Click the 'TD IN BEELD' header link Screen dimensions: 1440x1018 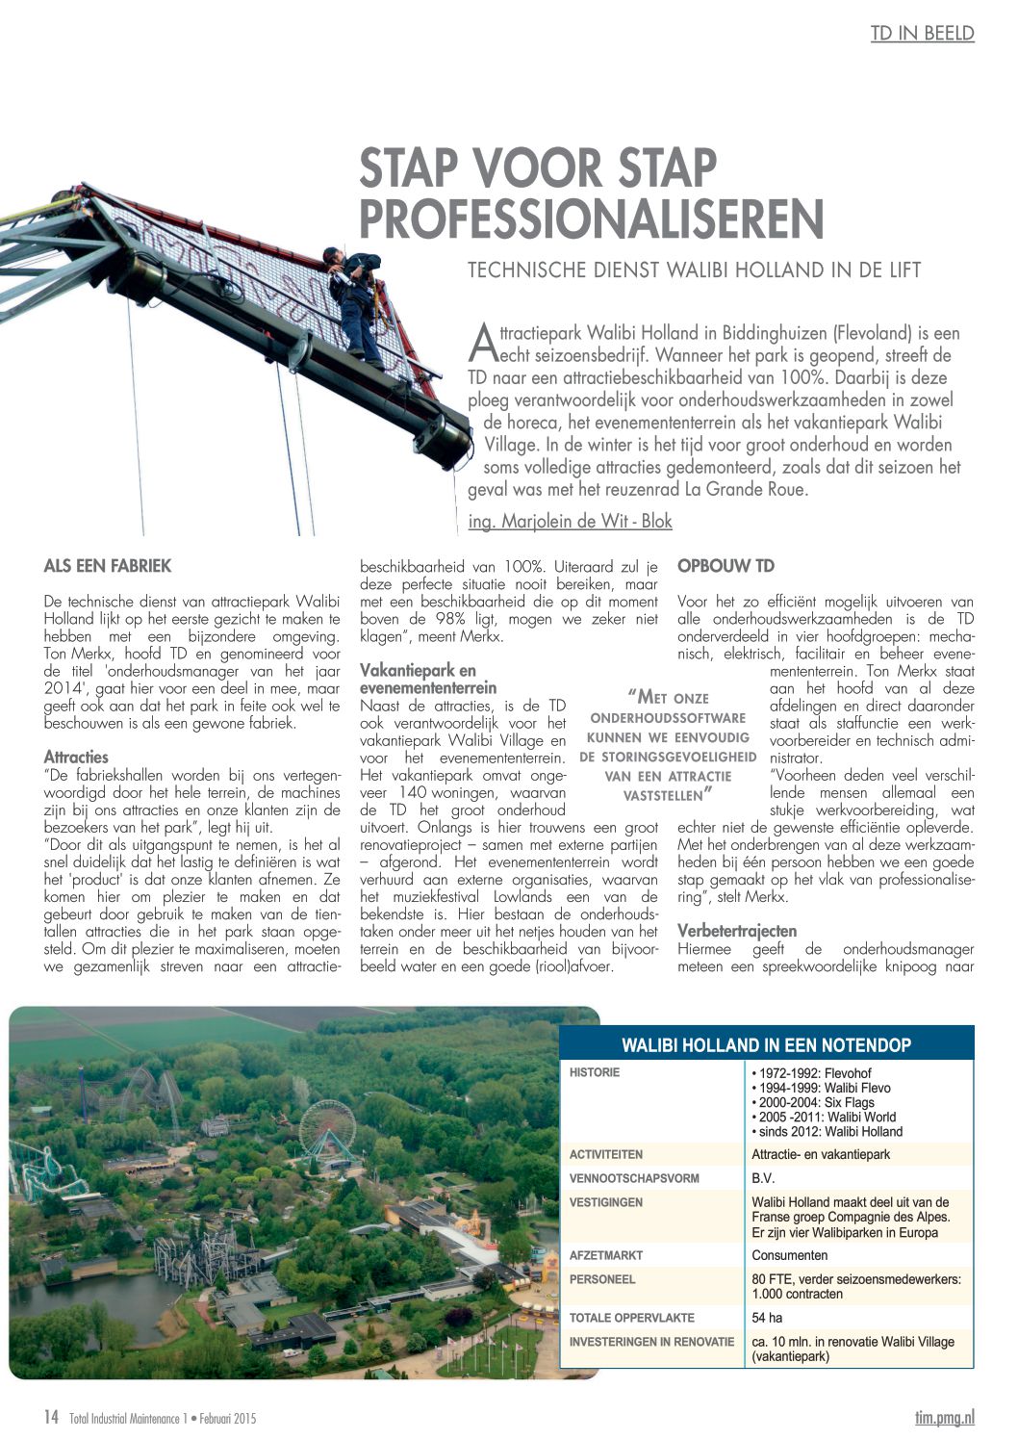pos(922,34)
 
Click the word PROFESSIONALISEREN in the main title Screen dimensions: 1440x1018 pos(591,219)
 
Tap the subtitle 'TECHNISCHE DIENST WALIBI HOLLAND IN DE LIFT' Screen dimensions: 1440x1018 pos(694,270)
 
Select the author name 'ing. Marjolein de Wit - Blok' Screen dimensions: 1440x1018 pos(570,522)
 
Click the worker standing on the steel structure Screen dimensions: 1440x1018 pos(355,303)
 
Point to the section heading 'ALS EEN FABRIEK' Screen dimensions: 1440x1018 pos(108,566)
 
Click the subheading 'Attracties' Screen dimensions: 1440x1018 pos(76,757)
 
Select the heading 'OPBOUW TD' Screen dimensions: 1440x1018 pos(725,566)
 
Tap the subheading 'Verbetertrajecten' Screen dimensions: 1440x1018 pos(737,931)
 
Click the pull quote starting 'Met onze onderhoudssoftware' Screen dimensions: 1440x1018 pos(667,746)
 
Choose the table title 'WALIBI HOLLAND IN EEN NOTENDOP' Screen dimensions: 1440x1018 pos(766,1045)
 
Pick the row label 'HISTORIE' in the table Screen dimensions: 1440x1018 pos(595,1072)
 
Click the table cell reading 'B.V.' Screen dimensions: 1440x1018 pos(763,1178)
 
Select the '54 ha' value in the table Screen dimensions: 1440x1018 pos(767,1318)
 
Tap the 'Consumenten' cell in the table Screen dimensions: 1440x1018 pos(789,1255)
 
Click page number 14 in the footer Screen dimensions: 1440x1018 pos(51,1417)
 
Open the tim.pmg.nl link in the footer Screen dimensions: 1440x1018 pos(944,1417)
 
